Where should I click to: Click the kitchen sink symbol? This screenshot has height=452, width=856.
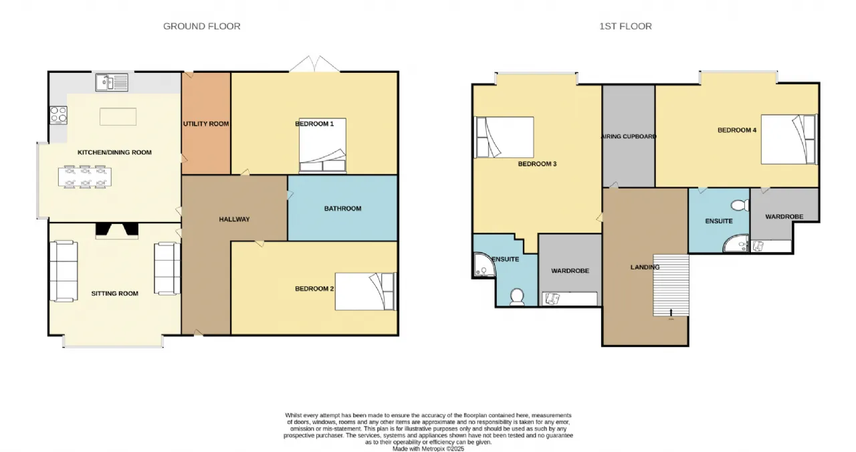coord(112,82)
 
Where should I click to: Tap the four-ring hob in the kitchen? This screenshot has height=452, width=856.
coord(58,115)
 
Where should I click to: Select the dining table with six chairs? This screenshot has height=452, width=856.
coord(85,177)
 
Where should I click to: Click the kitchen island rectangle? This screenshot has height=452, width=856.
coord(118,116)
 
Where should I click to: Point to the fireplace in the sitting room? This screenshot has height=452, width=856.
coord(116,231)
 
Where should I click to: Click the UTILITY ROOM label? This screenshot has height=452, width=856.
coord(206,124)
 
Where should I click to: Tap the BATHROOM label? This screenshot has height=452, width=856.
coord(343,209)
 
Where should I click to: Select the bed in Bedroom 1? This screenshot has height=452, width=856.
coord(322,145)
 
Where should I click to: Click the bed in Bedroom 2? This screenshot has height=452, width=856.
coord(366,291)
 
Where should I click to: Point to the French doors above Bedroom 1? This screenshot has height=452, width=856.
coord(314,64)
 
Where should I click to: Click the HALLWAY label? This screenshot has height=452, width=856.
coord(234,219)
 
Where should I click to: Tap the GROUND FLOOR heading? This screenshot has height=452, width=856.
coord(202,26)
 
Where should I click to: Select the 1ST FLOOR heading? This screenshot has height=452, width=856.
coord(625,26)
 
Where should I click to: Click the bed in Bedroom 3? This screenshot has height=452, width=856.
coord(504,137)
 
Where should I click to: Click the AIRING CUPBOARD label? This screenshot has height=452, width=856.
coord(629,136)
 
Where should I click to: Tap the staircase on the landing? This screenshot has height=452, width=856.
coord(671,285)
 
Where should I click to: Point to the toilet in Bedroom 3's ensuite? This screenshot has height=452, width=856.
coord(517,297)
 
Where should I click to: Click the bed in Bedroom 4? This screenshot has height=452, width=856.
coord(789,140)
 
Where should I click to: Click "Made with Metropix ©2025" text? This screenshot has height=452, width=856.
coord(429,449)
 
